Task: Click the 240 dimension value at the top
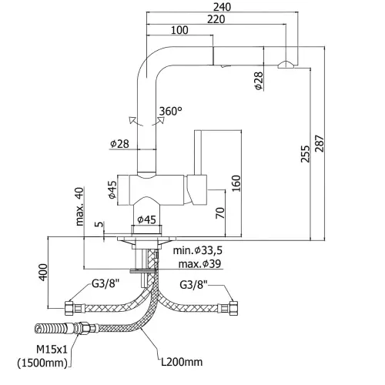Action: [222, 7]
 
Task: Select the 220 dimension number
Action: [216, 19]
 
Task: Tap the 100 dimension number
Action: [179, 30]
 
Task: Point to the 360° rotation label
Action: [171, 111]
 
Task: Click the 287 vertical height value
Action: [320, 144]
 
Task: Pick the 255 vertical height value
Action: [306, 154]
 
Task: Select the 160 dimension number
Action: [236, 183]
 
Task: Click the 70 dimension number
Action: [220, 213]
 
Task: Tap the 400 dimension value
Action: [43, 272]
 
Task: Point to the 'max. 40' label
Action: [80, 206]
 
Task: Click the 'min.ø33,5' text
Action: [198, 250]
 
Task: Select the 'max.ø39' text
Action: [199, 264]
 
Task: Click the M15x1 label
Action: [52, 350]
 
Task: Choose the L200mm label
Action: [182, 362]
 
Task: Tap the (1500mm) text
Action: [42, 363]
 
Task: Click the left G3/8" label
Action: [105, 284]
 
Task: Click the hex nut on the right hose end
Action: [233, 308]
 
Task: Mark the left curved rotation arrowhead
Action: [132, 120]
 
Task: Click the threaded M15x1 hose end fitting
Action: [50, 328]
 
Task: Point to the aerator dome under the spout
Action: [286, 65]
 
